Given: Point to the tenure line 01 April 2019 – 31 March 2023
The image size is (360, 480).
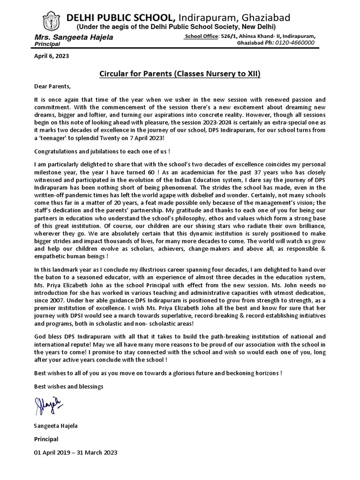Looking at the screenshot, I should [75, 453].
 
